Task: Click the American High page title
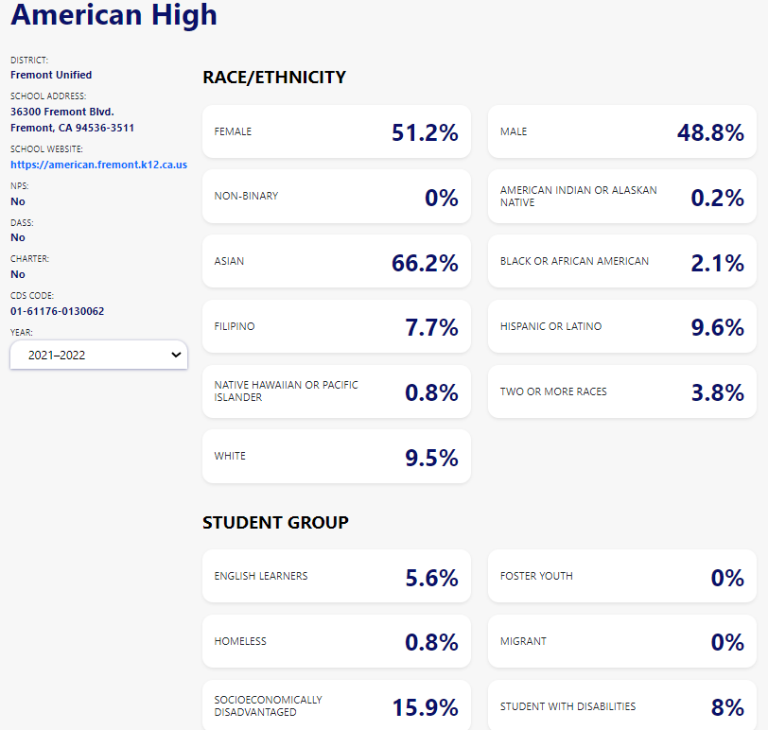(x=113, y=14)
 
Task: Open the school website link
(x=98, y=165)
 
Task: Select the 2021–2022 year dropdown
(x=98, y=356)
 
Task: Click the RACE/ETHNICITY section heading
(x=274, y=78)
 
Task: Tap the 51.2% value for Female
(x=425, y=132)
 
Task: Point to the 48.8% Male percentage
(x=710, y=132)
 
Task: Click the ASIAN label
(x=229, y=261)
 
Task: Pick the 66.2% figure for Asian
(x=425, y=263)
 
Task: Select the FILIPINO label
(x=235, y=326)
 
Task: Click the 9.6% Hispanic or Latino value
(x=717, y=327)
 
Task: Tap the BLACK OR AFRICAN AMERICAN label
(x=574, y=261)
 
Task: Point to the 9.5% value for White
(x=431, y=458)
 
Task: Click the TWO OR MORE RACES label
(x=553, y=391)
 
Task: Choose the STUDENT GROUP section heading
(x=275, y=522)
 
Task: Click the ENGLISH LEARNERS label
(x=261, y=576)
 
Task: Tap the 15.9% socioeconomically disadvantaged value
(x=425, y=707)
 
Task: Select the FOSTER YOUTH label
(x=536, y=576)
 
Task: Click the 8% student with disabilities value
(x=727, y=707)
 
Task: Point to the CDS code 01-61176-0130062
(x=58, y=311)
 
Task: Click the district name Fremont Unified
(x=51, y=75)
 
